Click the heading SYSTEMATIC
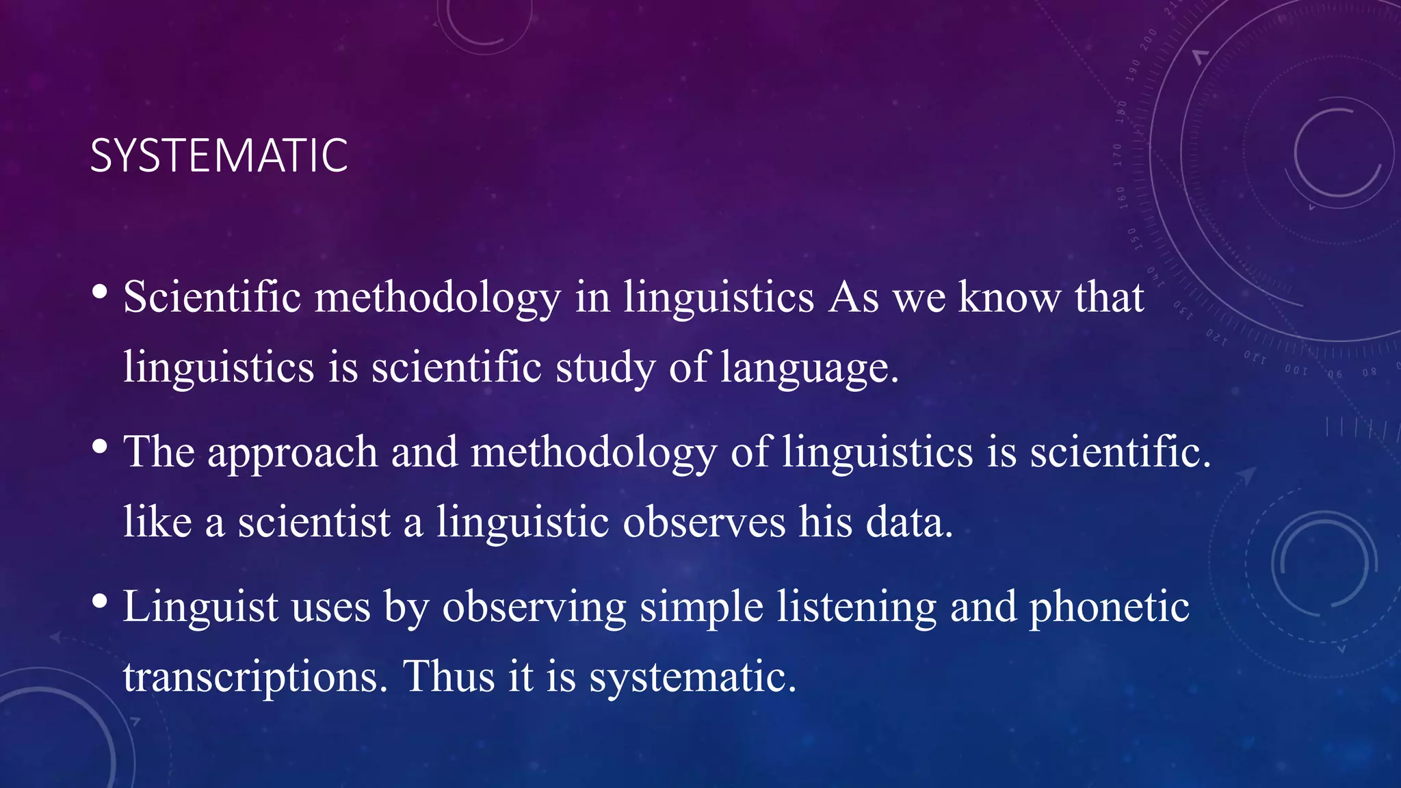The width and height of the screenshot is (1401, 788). pyautogui.click(x=219, y=156)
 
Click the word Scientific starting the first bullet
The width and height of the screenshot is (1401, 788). pyautogui.click(x=212, y=298)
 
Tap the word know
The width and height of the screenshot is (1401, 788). pyautogui.click(x=1008, y=298)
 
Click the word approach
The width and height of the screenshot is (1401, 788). pyautogui.click(x=292, y=453)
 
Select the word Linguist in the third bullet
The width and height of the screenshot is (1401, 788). pyautogui.click(x=200, y=607)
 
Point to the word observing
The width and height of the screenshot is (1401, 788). pyautogui.click(x=534, y=607)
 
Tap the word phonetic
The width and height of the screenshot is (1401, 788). pyautogui.click(x=1109, y=607)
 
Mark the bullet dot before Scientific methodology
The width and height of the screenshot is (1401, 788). pyautogui.click(x=100, y=292)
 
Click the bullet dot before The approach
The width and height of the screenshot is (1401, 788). pyautogui.click(x=100, y=447)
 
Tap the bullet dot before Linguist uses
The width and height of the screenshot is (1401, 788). pyautogui.click(x=100, y=601)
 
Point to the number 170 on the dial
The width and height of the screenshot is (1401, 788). pyautogui.click(x=1118, y=155)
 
